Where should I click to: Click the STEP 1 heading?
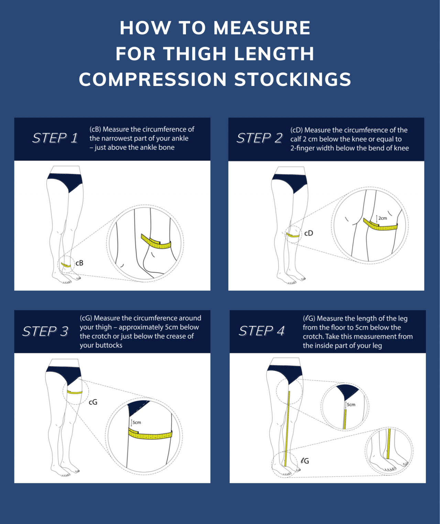click(55, 138)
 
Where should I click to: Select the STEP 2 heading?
click(260, 138)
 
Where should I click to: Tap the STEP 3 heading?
click(45, 331)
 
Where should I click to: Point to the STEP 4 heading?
click(262, 331)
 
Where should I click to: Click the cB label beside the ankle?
click(79, 263)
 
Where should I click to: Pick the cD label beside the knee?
click(309, 233)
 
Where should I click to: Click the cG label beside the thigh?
click(93, 402)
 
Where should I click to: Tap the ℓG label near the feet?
click(305, 461)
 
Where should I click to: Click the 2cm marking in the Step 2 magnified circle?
click(383, 218)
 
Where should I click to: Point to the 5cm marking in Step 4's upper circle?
click(351, 405)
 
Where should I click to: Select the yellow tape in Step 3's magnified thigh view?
click(150, 434)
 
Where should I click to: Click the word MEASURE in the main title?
click(262, 28)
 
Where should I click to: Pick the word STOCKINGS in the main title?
click(293, 79)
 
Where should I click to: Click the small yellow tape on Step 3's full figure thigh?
click(75, 392)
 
